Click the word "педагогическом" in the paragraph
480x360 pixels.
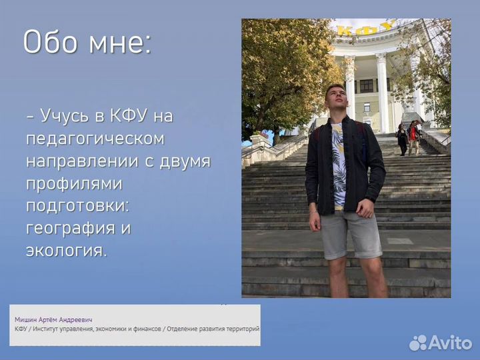click(95, 139)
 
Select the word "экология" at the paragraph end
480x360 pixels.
click(65, 251)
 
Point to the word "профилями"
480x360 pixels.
click(74, 183)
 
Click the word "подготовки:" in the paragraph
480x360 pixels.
click(78, 206)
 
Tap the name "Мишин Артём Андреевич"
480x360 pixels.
click(53, 320)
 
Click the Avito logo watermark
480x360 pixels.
click(441, 343)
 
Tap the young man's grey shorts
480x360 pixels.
click(351, 234)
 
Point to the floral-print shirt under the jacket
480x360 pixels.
click(338, 164)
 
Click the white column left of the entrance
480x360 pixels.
click(349, 87)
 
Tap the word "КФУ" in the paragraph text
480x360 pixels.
click(128, 116)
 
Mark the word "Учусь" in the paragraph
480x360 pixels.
click(64, 116)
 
